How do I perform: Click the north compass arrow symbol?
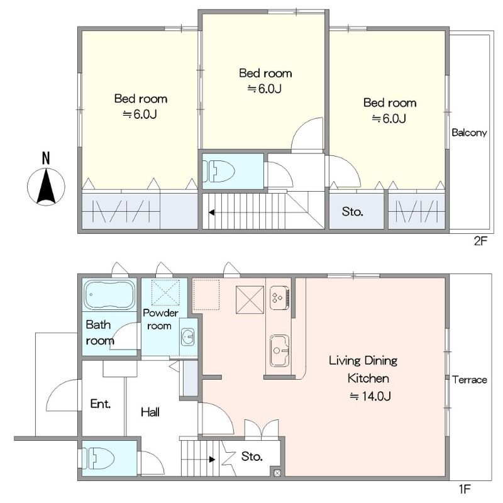coord(46,187)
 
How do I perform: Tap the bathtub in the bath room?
coord(109,295)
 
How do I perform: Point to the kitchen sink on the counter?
coord(279,351)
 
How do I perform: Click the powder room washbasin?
coord(188,337)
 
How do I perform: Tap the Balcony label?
coord(469,133)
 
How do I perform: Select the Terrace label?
coord(469,380)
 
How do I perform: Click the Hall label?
coord(150,412)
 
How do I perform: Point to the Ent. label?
coord(101,404)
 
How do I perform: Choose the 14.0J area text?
coord(370,397)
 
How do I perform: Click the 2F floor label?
coord(480,241)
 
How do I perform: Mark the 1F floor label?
coord(464,489)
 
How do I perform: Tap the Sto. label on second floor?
coord(353,212)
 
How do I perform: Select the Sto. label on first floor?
coord(252,456)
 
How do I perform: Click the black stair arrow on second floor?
coord(211,213)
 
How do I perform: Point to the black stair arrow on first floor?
coord(212,460)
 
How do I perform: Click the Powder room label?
coord(160,319)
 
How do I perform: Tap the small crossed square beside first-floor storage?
coord(277,473)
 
